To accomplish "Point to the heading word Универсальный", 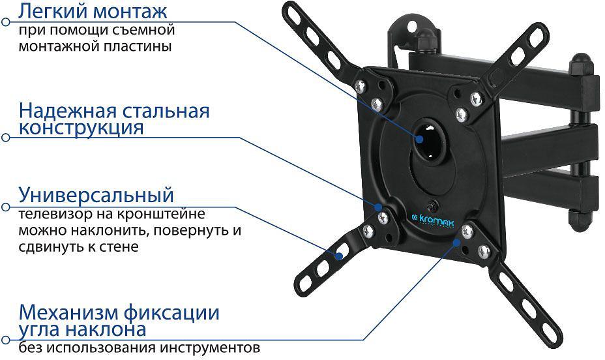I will point(96,194).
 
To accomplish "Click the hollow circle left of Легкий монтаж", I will point(6,22).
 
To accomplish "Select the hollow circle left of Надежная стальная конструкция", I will point(6,138).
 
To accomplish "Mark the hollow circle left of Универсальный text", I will point(6,207).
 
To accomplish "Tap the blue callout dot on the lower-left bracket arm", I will point(338,256).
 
